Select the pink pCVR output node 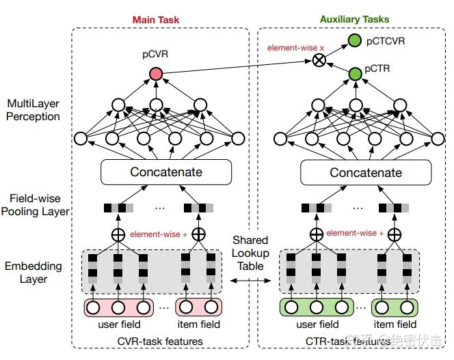point(156,73)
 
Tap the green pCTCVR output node point(354,42)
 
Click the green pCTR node point(354,73)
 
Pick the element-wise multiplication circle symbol point(318,60)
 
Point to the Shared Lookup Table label point(251,253)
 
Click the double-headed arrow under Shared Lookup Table point(251,281)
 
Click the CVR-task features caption point(160,340)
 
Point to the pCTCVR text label point(386,42)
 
